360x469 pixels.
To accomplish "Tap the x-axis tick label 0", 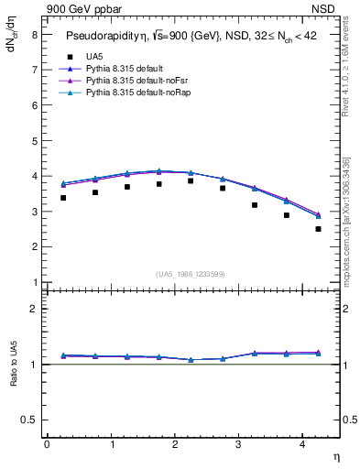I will (47, 444).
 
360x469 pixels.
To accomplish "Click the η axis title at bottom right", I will (335, 455).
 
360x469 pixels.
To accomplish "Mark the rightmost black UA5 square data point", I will (318, 229).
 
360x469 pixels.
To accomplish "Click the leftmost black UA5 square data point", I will (62, 198).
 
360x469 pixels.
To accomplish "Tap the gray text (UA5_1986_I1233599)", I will (191, 274).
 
